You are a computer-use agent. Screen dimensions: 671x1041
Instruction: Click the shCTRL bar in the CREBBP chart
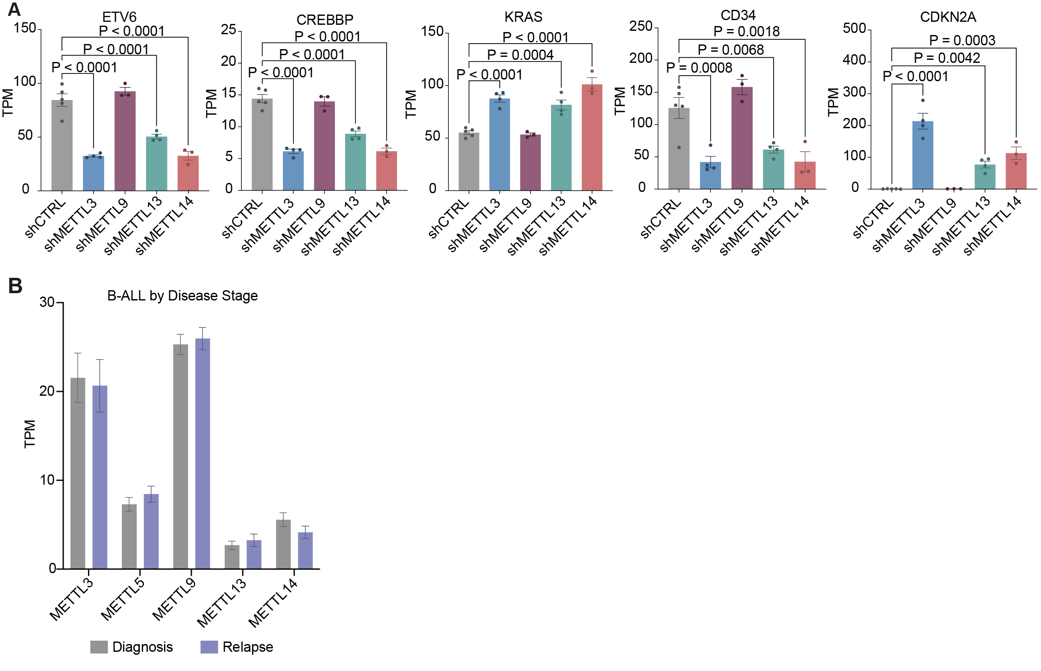point(262,144)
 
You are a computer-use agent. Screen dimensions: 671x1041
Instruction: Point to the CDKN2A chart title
point(947,17)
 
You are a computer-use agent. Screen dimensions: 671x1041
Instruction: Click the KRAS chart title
point(523,17)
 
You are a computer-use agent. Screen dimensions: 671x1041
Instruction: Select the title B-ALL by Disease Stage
point(182,296)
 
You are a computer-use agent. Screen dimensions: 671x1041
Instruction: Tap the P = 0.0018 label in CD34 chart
point(746,31)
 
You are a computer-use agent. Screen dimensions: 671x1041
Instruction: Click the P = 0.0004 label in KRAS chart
point(520,55)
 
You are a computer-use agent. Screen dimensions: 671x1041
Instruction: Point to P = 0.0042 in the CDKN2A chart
point(947,58)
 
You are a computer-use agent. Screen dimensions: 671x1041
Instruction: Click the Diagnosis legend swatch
point(99,647)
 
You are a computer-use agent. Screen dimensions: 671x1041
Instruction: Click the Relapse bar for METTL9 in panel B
point(202,453)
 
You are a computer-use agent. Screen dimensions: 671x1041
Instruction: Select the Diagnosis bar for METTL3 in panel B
point(78,473)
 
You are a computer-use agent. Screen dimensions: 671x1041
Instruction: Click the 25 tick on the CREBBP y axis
point(228,30)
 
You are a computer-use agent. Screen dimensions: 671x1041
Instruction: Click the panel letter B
point(15,286)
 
